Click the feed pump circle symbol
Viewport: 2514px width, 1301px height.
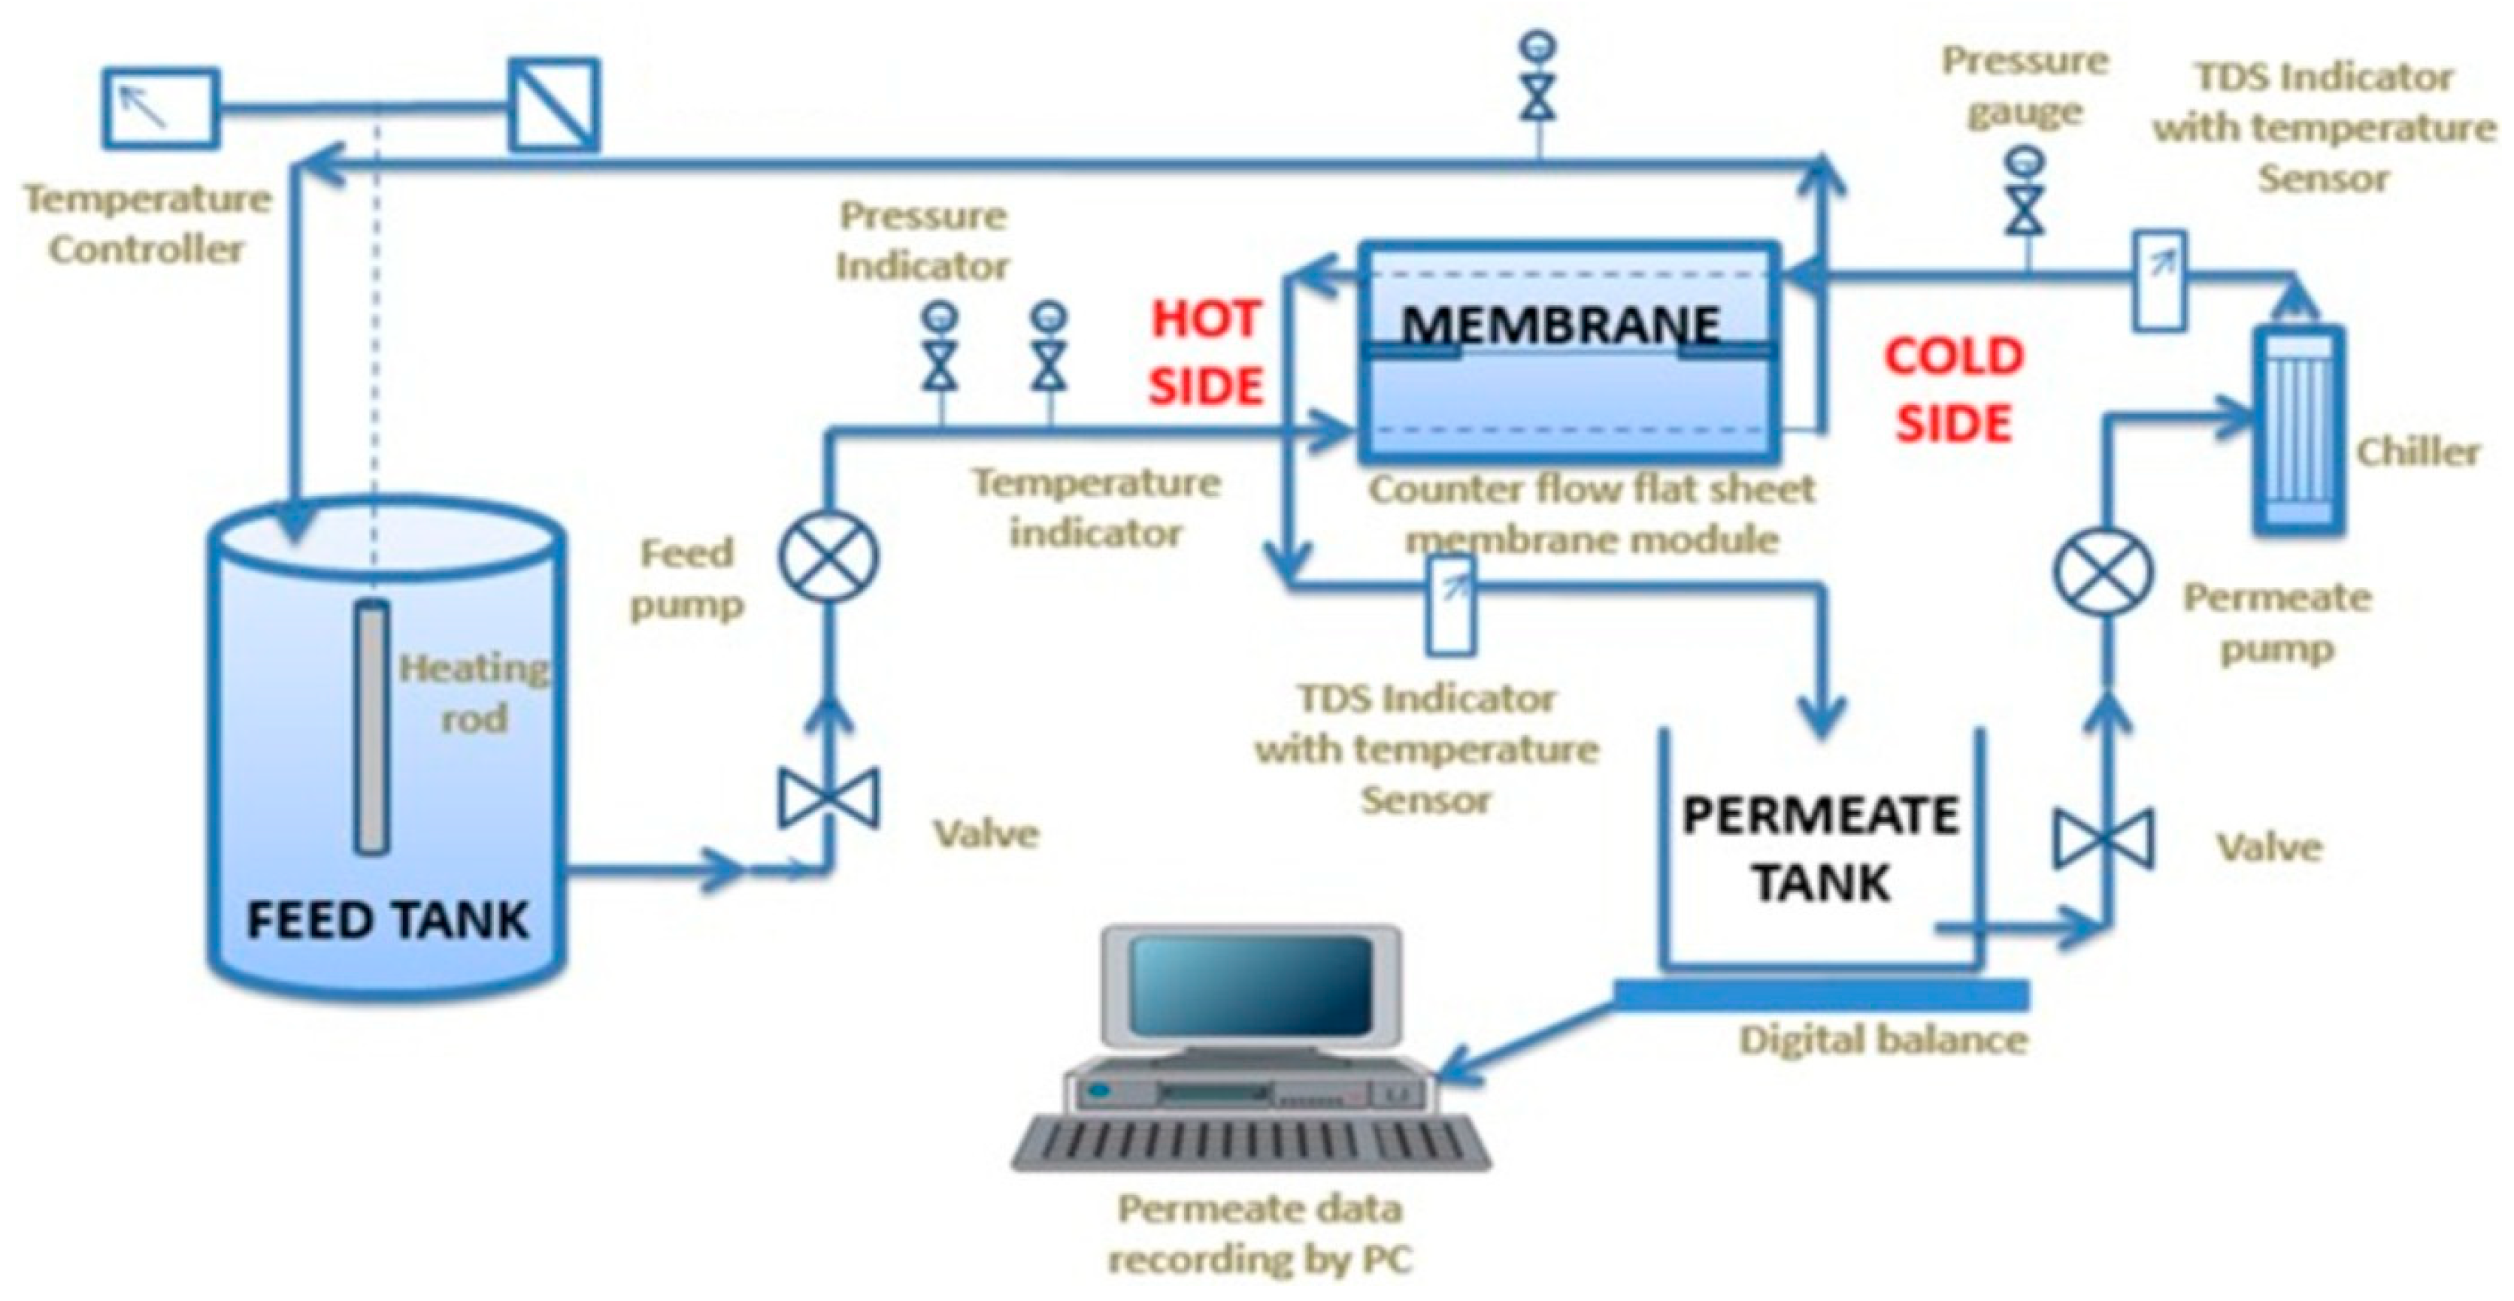[x=828, y=556]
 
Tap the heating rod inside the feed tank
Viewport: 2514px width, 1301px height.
[x=371, y=727]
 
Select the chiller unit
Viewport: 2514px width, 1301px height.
[x=2297, y=429]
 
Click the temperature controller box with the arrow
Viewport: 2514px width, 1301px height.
[x=161, y=107]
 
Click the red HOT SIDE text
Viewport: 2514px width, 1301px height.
[x=1206, y=352]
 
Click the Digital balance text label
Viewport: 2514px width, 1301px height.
[x=1883, y=1039]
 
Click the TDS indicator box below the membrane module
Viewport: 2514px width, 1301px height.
[x=1451, y=605]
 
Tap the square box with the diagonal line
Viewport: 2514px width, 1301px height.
[x=554, y=104]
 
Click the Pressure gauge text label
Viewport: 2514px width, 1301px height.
[x=2025, y=86]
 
